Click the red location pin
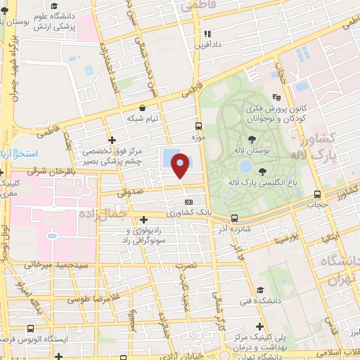(181, 166)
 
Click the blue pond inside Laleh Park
(244, 167)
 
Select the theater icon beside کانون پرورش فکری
(276, 98)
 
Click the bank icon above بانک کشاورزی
(188, 202)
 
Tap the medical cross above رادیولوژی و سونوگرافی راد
(144, 219)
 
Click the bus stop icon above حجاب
(319, 195)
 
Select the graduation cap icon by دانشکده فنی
(259, 290)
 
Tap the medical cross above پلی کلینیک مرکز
(261, 326)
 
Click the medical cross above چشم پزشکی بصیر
(112, 140)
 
